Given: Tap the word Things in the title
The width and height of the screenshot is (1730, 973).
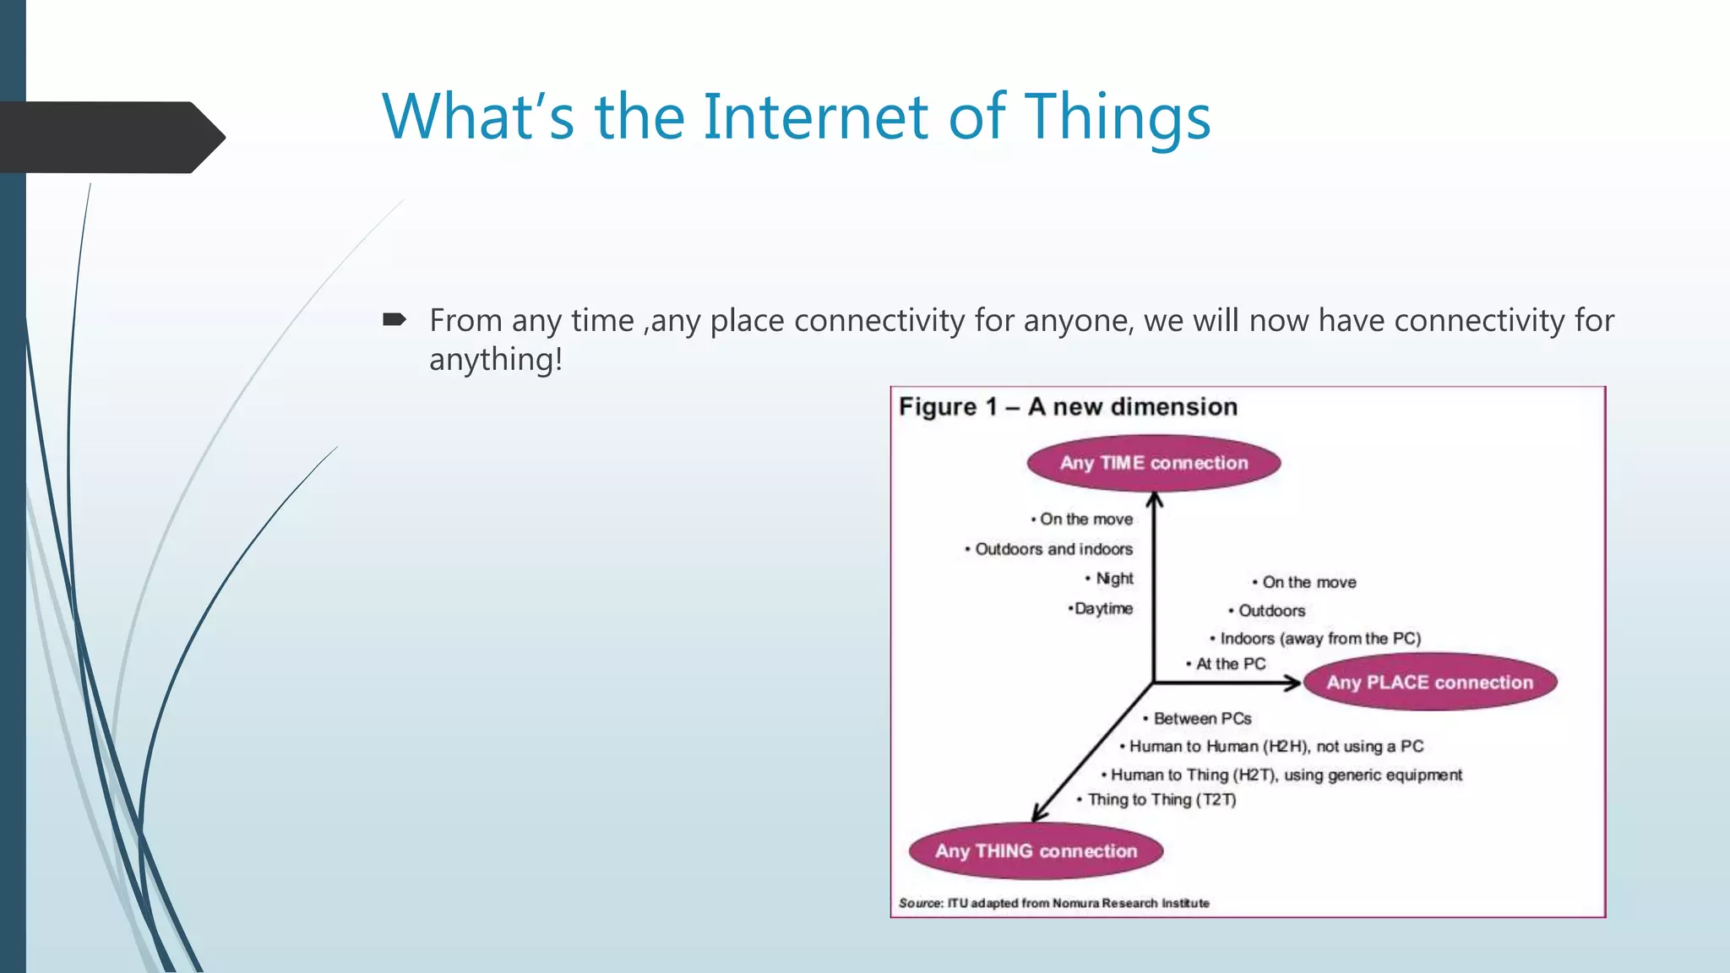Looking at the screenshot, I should [x=1118, y=117].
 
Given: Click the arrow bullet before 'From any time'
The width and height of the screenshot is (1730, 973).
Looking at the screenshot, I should [x=394, y=320].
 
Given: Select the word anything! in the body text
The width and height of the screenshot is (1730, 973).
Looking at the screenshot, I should [x=496, y=360].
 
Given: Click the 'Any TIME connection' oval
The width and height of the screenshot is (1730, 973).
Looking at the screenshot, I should [x=1153, y=463].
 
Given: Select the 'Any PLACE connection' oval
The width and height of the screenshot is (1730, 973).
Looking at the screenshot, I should [x=1429, y=682].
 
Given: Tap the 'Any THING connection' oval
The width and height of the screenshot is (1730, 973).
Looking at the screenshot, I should [x=1036, y=851].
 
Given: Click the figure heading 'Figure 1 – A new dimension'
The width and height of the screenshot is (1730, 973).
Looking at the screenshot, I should [x=1068, y=407].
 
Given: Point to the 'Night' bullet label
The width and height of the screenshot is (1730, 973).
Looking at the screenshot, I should [x=1113, y=579].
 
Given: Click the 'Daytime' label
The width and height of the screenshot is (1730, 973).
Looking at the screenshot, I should [x=1102, y=609].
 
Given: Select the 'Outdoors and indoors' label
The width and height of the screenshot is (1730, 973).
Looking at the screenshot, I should [x=1053, y=549].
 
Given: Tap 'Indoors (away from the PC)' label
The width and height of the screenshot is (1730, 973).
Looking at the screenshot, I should [x=1319, y=639].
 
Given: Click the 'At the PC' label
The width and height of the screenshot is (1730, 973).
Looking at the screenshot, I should [x=1230, y=664].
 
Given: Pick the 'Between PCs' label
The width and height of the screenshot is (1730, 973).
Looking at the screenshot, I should [x=1201, y=719].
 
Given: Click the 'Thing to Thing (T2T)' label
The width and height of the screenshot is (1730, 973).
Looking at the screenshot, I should [x=1161, y=800].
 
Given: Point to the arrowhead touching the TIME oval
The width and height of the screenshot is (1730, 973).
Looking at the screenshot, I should [x=1155, y=500].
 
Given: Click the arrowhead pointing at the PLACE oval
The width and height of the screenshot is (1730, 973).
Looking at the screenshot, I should [x=1292, y=682].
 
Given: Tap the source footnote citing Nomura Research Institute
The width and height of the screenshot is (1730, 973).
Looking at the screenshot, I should [x=1053, y=904].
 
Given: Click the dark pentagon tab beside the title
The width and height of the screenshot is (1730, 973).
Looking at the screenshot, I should [x=110, y=138].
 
